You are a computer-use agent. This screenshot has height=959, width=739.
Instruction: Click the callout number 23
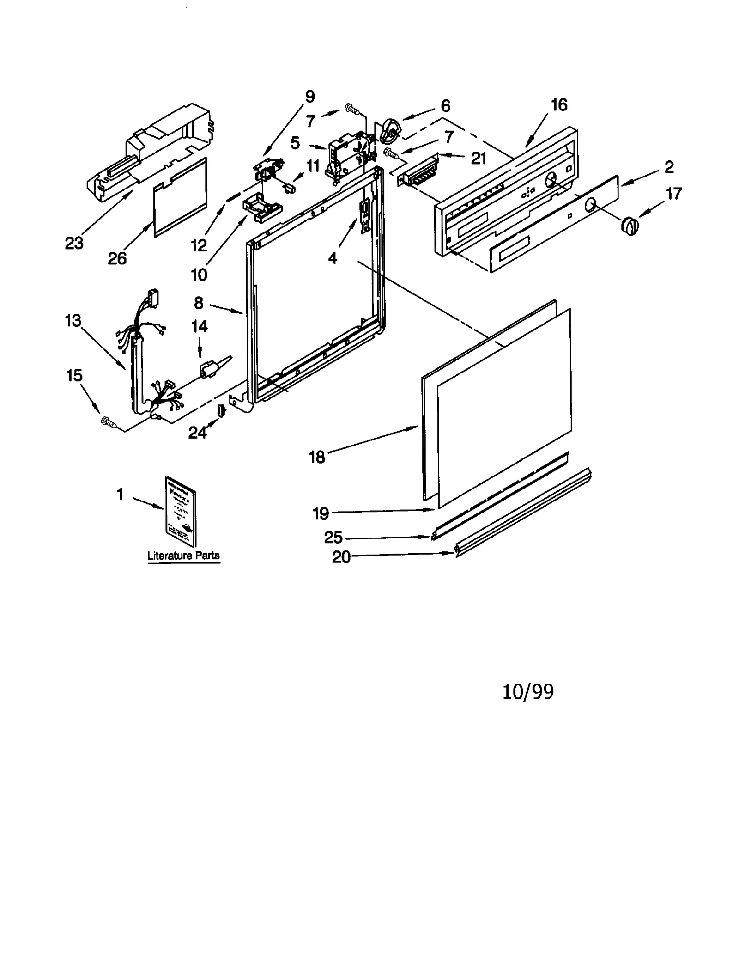74,243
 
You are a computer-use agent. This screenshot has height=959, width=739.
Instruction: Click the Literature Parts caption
183,556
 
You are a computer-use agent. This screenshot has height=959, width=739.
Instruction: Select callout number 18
317,457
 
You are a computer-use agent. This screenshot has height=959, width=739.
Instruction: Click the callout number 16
559,105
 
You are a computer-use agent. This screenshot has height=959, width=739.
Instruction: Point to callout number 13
73,321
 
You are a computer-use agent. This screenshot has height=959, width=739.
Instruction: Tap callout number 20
341,557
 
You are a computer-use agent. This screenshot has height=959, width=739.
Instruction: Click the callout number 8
199,303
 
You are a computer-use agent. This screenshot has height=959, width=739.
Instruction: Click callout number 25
333,538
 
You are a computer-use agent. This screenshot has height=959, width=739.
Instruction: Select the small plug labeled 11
290,188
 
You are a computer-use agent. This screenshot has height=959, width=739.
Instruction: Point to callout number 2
669,167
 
